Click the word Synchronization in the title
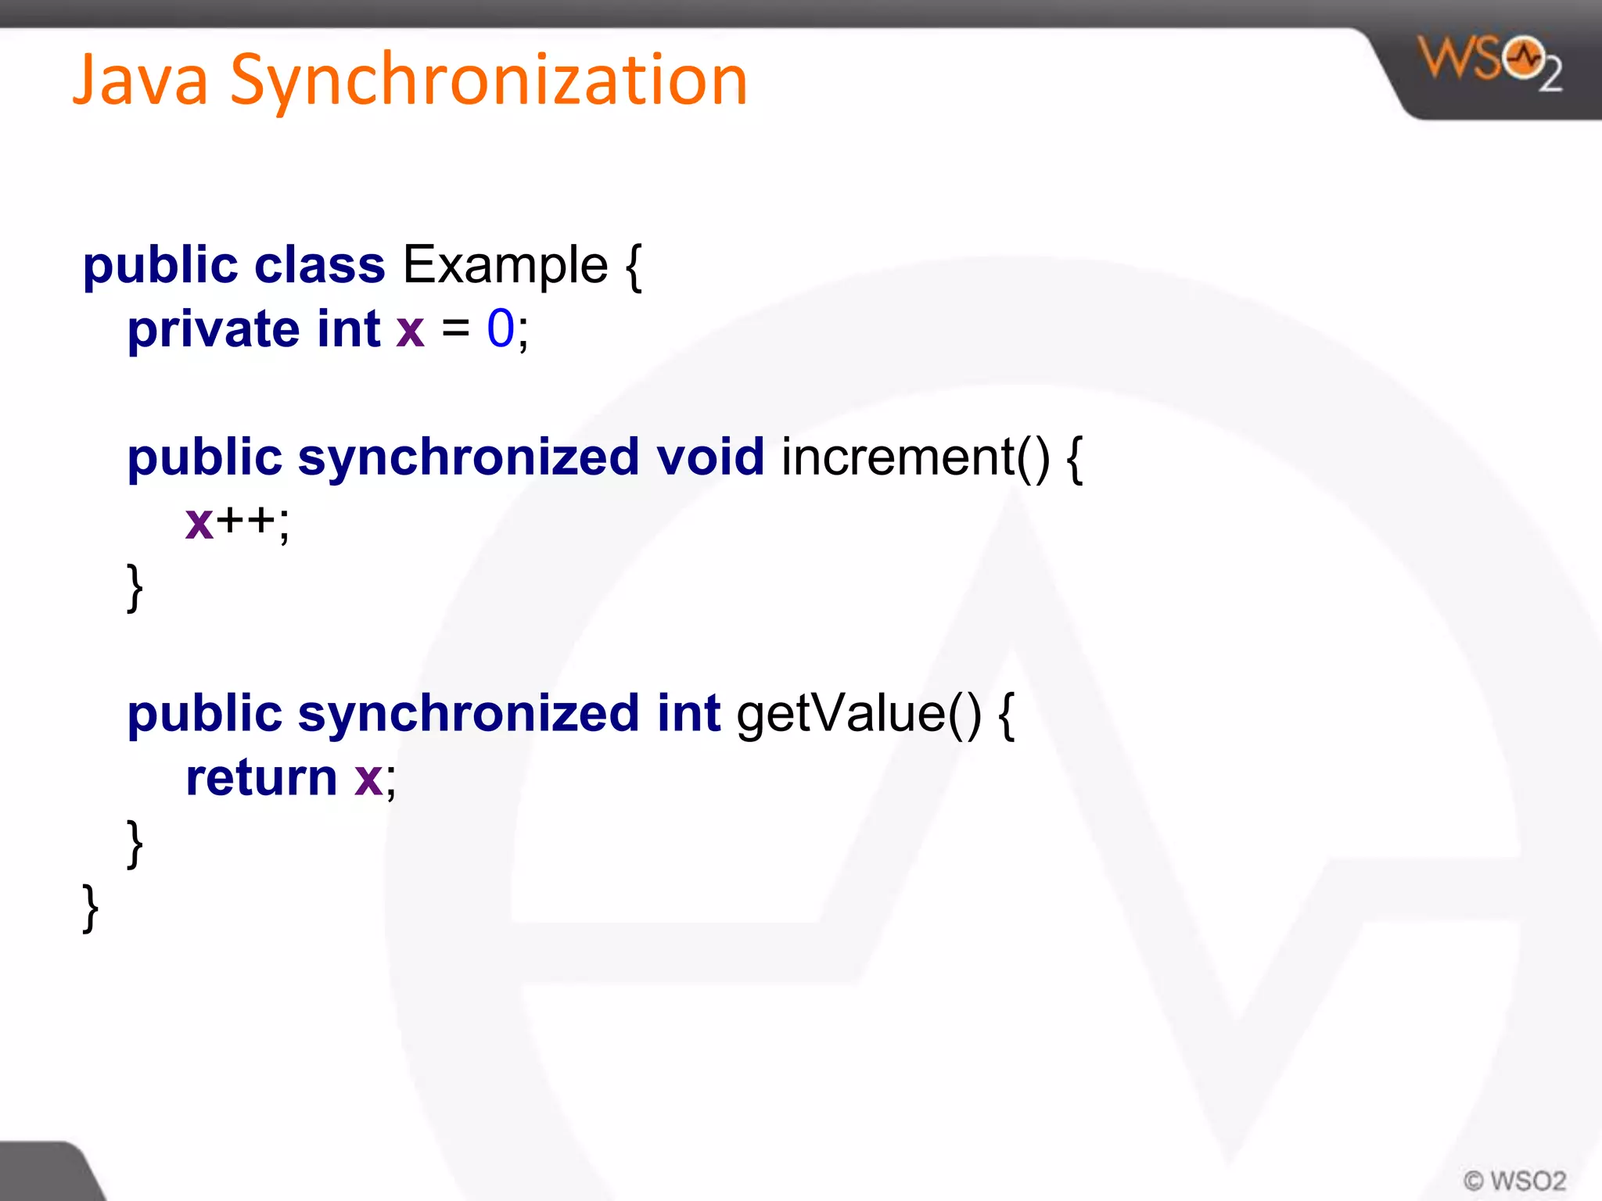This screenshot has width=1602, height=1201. (489, 81)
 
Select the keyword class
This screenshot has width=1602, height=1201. (319, 265)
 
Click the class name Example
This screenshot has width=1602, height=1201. (505, 265)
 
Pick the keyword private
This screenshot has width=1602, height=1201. (214, 329)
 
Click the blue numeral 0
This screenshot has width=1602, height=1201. (501, 328)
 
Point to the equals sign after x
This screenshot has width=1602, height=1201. (455, 328)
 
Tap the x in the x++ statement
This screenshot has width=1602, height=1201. (199, 522)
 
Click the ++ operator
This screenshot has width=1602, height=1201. (246, 521)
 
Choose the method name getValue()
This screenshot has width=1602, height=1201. (858, 713)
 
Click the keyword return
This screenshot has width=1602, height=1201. (261, 778)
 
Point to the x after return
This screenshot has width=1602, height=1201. (368, 779)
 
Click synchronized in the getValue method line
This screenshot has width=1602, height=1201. (469, 713)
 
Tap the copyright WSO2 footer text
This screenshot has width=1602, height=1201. (1514, 1180)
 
